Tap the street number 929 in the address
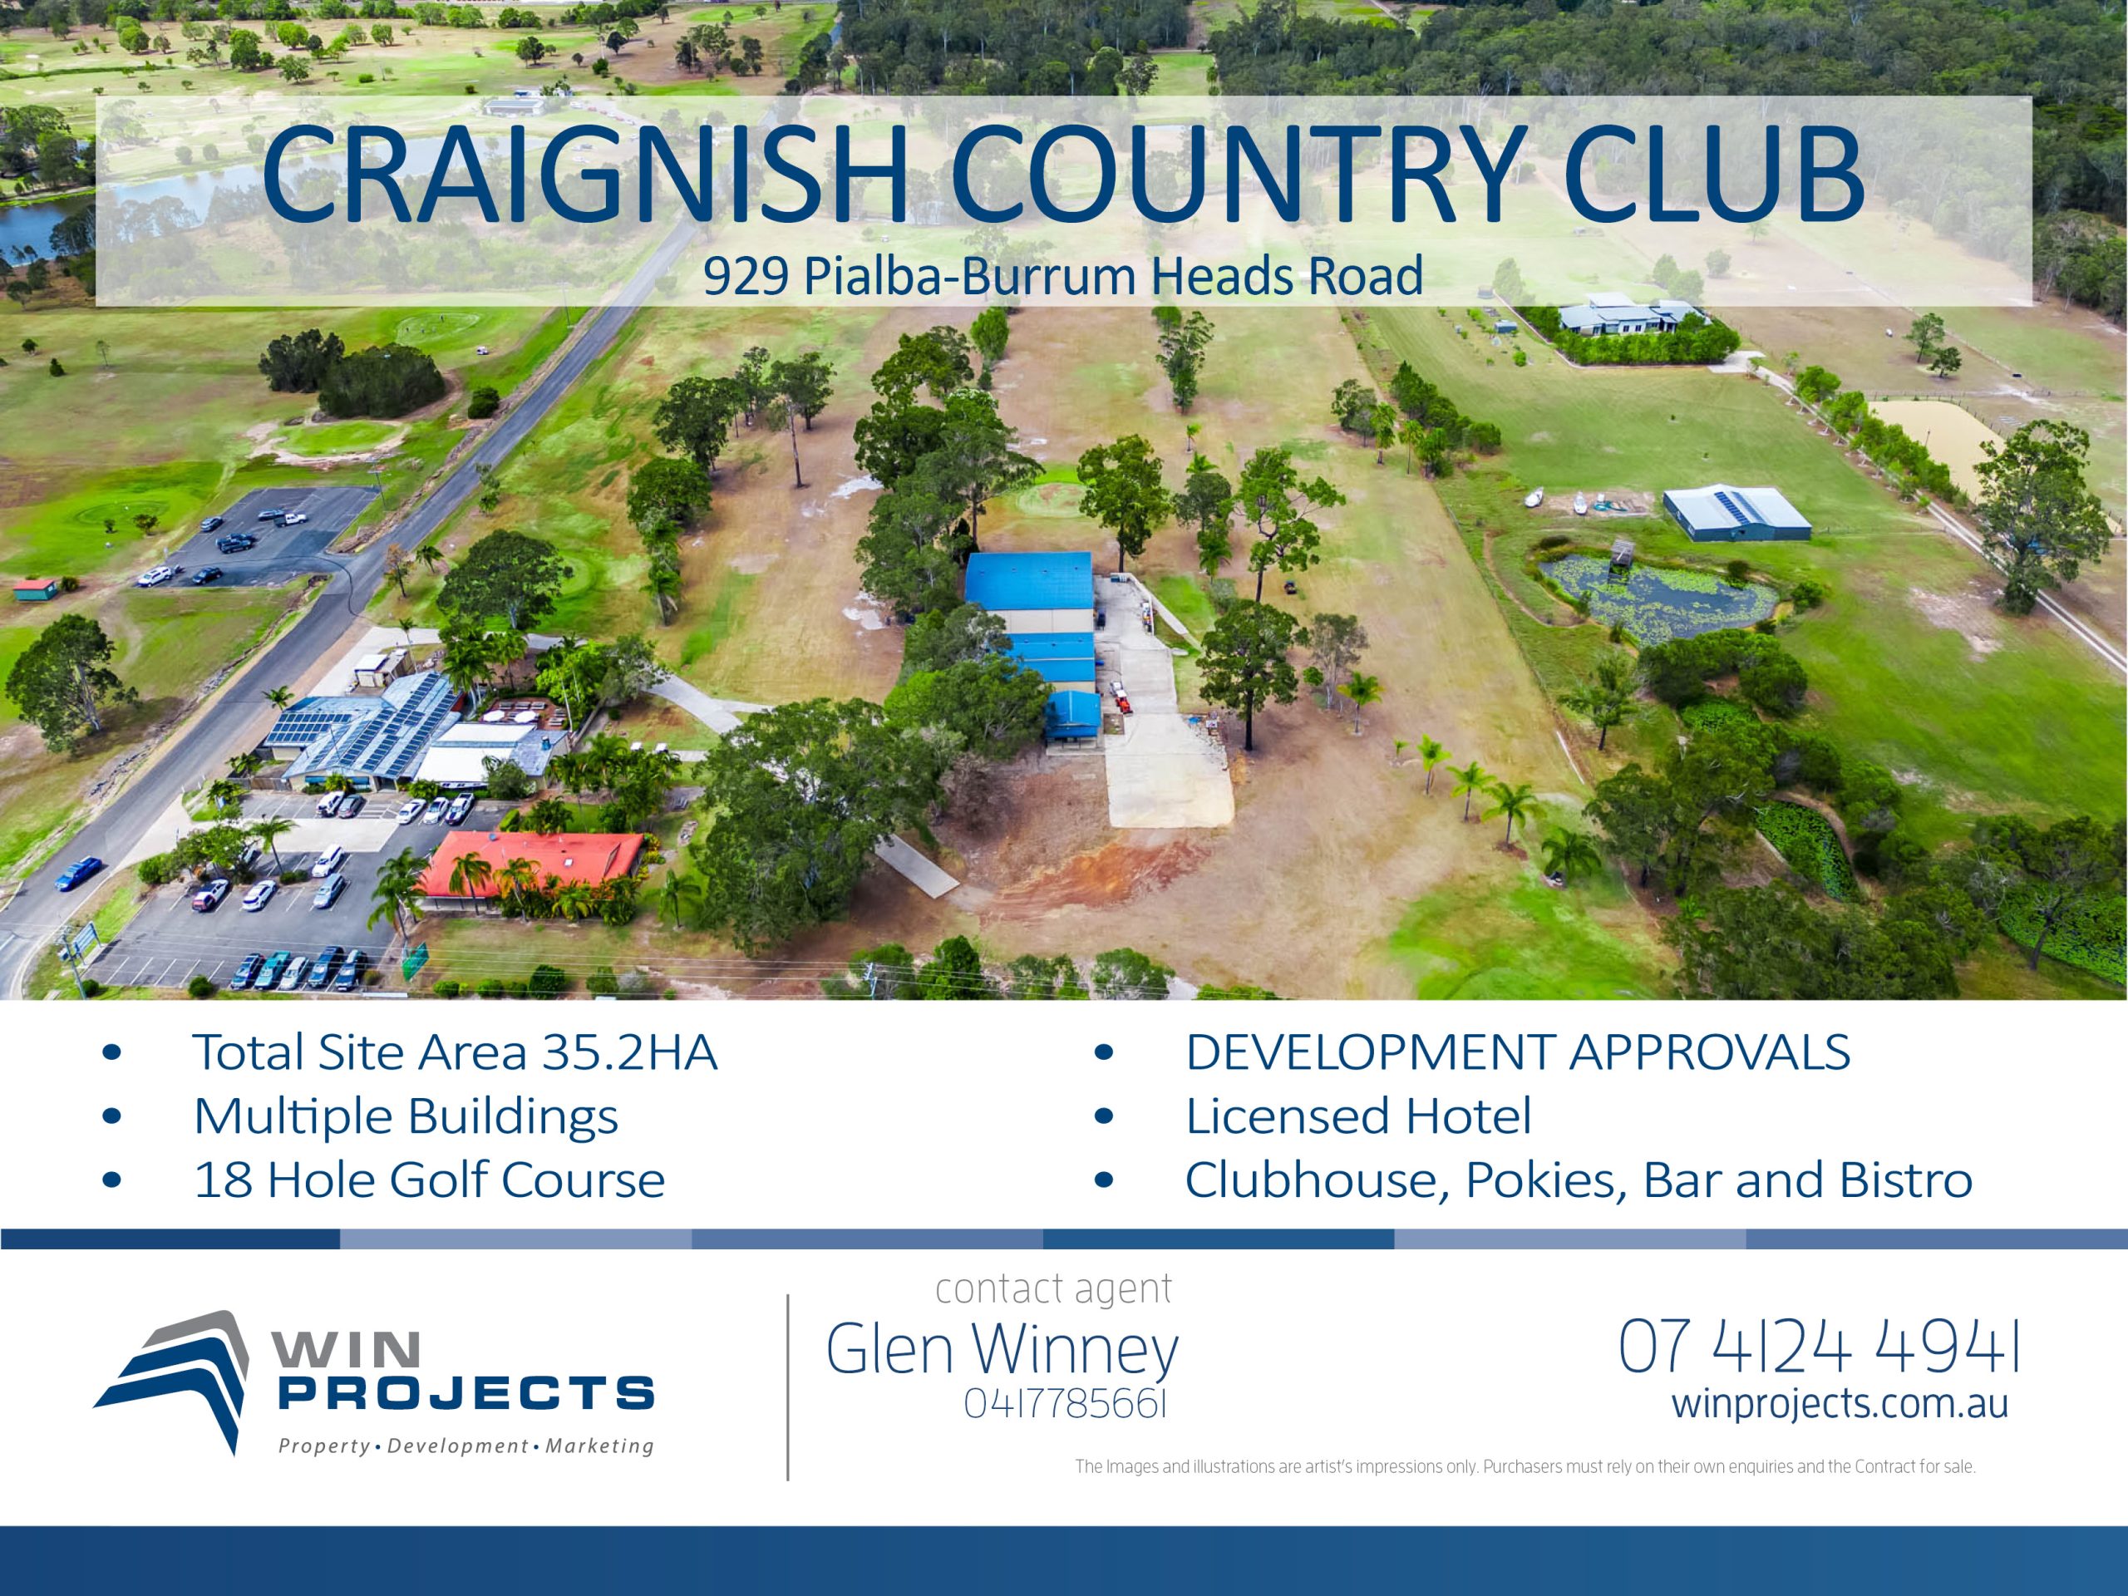(x=746, y=276)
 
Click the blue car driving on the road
(x=78, y=872)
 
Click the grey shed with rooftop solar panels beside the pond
(x=1736, y=512)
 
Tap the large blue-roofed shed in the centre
(x=1029, y=581)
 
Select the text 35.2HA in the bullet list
(x=630, y=1052)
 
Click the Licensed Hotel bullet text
(x=1357, y=1116)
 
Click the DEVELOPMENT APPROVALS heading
(x=1517, y=1052)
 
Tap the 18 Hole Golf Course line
(x=429, y=1180)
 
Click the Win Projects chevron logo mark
(x=178, y=1378)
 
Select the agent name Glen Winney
(x=1002, y=1349)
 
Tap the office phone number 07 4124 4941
(x=1818, y=1347)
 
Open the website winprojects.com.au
(x=1840, y=1404)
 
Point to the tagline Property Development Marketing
(x=465, y=1446)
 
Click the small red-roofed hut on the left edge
(x=36, y=587)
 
